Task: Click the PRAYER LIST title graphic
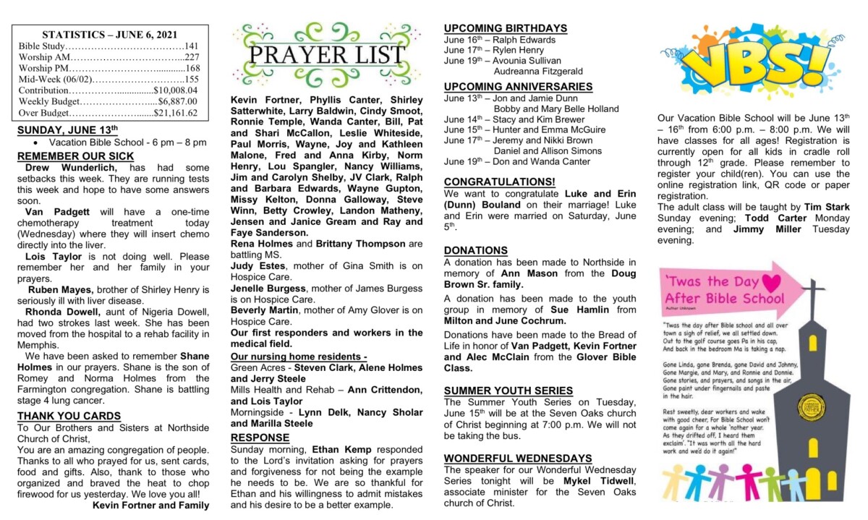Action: [326, 55]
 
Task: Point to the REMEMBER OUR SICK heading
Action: [75, 156]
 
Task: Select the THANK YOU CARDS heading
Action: [69, 416]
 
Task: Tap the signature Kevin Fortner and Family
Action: [151, 505]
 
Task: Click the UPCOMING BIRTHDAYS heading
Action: [505, 28]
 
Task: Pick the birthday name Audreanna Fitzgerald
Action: [537, 72]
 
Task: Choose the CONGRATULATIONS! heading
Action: [500, 182]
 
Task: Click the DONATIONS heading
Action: [475, 250]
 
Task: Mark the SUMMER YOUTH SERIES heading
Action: [508, 391]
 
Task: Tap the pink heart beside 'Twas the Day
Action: [772, 282]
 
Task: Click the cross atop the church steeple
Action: [813, 292]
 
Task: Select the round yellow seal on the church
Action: [812, 408]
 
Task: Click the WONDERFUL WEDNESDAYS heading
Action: [517, 459]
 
